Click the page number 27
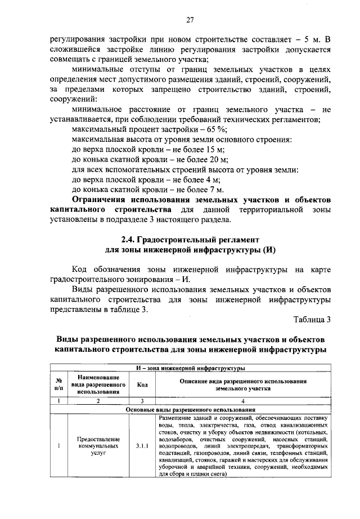point(190,20)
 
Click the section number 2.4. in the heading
point(133,239)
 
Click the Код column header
point(142,384)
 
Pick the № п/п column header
point(58,384)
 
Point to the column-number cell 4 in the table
point(242,401)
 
